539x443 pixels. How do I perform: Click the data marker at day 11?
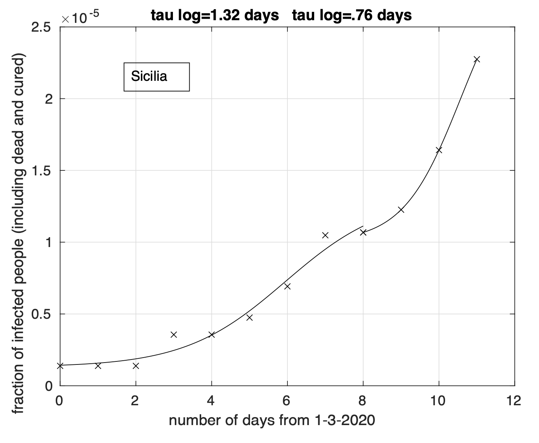[x=476, y=59]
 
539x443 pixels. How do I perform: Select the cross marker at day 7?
[x=325, y=235]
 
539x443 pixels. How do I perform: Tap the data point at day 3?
[x=174, y=335]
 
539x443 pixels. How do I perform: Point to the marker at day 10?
[x=439, y=150]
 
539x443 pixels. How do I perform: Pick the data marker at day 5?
[x=249, y=318]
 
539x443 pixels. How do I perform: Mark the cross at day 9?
[x=401, y=210]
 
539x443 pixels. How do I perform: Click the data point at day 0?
[x=60, y=366]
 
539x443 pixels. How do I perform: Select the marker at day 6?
[x=287, y=286]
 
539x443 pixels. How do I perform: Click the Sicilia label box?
[x=157, y=77]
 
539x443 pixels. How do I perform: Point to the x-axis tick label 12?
[x=514, y=401]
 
